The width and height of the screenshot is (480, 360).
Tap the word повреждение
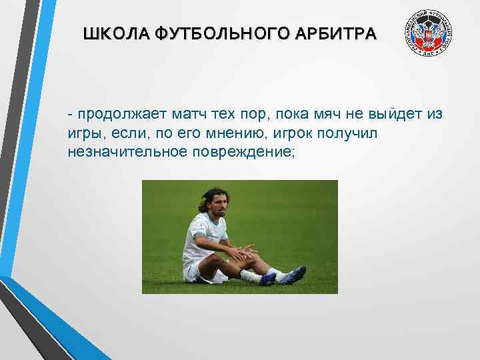pyautogui.click(x=243, y=152)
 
